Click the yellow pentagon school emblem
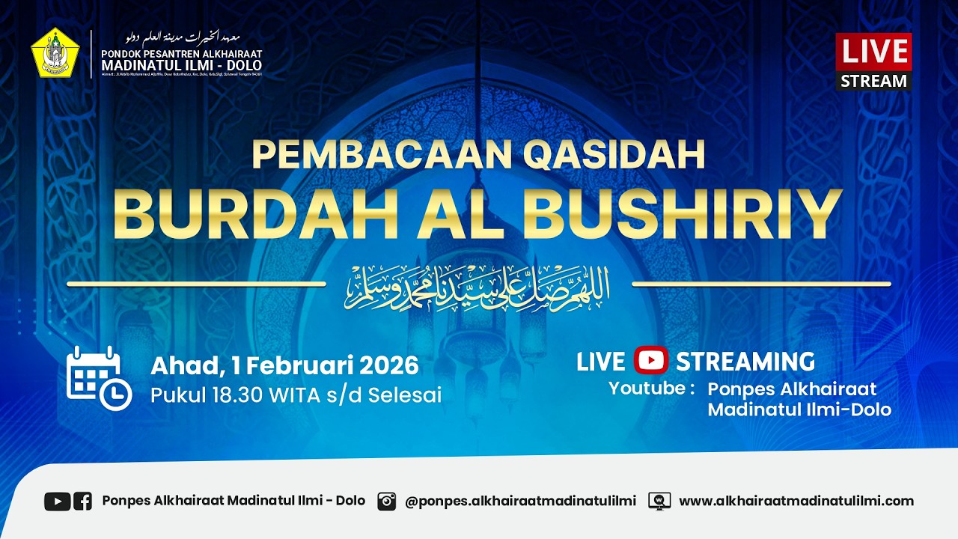point(55,53)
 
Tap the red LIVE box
point(873,52)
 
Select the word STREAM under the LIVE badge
point(873,81)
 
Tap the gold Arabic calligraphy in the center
point(478,287)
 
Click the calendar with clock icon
point(99,378)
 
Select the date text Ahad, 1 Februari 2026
point(284,365)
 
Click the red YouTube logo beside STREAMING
point(650,361)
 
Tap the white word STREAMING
point(745,362)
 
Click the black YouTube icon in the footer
point(57,501)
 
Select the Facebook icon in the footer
point(82,501)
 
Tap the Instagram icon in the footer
point(386,501)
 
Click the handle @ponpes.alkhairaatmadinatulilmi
point(520,501)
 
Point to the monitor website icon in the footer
point(659,501)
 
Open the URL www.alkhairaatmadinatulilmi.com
point(796,501)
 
